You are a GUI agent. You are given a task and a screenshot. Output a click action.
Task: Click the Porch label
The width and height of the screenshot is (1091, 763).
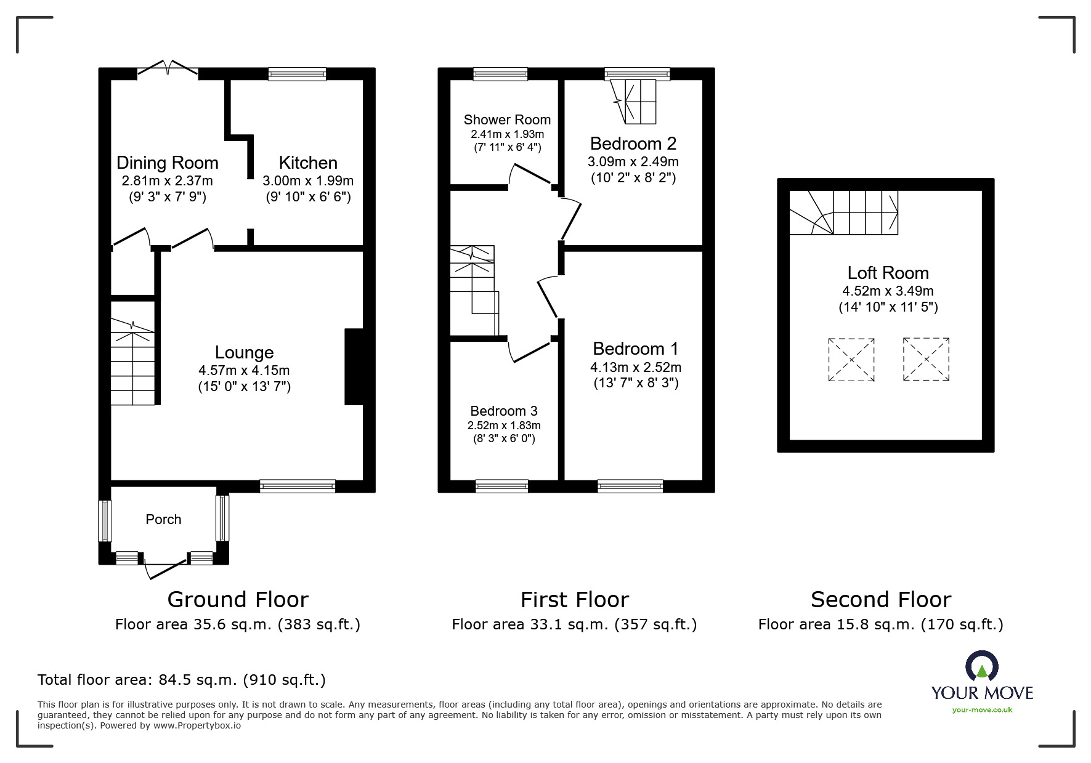pos(163,519)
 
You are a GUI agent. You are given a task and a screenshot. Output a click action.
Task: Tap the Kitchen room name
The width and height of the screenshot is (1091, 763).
pos(308,163)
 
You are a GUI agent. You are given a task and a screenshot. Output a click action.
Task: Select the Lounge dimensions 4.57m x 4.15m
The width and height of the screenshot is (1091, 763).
pos(244,371)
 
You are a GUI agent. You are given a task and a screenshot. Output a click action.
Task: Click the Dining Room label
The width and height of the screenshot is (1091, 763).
pos(168,163)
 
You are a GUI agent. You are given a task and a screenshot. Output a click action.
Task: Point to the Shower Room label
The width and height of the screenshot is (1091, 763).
pos(507,119)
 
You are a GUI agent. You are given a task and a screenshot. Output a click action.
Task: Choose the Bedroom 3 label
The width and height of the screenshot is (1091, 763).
pos(504,411)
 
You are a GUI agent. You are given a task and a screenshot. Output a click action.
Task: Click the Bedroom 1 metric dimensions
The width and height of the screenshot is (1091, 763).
pos(636,367)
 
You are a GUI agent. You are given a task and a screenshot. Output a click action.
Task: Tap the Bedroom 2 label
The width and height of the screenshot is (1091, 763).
pos(633,143)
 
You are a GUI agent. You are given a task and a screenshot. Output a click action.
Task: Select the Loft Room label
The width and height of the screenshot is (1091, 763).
pos(888,273)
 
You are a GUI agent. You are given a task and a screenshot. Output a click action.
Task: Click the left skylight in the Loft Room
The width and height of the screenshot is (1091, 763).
pos(851,360)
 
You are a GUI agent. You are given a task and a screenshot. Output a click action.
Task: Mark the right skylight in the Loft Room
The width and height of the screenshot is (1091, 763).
pos(926,359)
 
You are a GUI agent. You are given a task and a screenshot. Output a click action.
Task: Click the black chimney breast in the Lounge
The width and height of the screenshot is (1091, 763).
pos(354,367)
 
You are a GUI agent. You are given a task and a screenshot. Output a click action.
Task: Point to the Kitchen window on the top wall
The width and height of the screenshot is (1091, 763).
pos(297,74)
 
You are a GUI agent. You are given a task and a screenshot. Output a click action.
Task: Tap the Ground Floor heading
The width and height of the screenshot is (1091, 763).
pos(238,599)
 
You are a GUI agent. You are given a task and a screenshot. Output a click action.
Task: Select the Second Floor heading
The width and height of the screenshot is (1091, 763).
pos(881,599)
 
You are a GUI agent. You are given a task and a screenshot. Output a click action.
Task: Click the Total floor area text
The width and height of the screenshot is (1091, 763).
pos(182,680)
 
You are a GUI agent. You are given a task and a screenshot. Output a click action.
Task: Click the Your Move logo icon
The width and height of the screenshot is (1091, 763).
pos(981,666)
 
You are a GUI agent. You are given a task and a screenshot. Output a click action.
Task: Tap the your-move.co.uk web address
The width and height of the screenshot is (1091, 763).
pos(982,710)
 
